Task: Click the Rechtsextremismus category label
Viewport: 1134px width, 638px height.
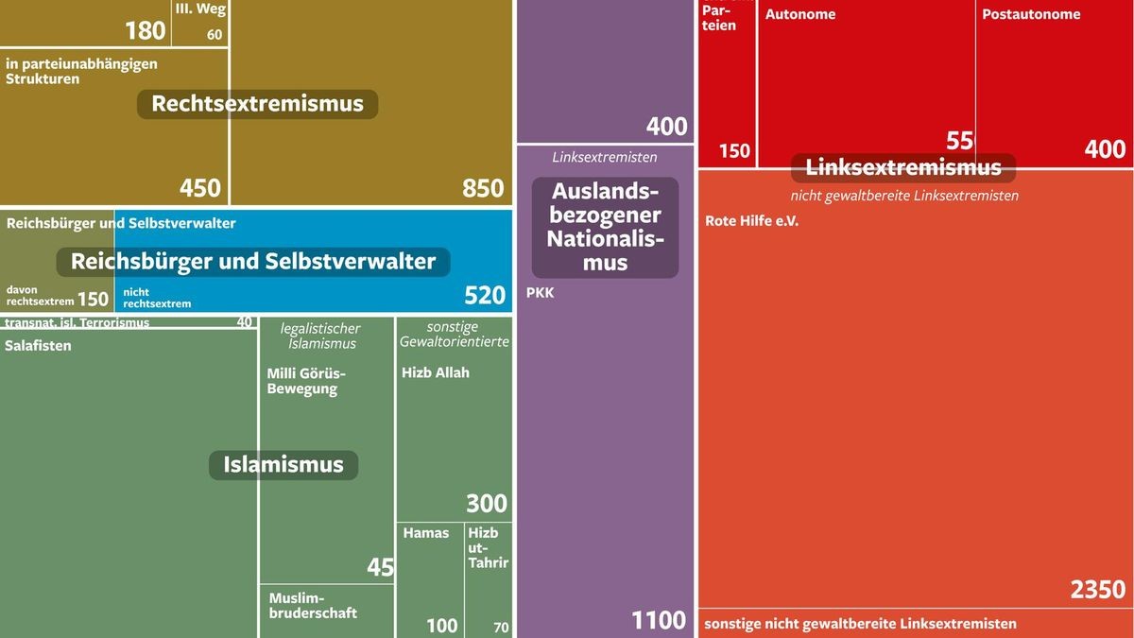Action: tap(257, 104)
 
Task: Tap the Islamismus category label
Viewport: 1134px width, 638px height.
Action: tap(283, 465)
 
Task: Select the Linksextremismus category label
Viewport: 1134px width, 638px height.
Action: tap(902, 168)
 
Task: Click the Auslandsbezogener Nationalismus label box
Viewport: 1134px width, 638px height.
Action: tap(605, 227)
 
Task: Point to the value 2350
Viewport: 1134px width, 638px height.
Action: tap(1098, 590)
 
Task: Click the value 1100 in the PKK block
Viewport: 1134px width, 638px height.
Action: tap(659, 620)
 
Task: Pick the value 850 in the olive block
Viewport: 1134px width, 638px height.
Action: tap(483, 188)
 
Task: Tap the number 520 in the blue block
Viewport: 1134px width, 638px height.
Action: tap(485, 296)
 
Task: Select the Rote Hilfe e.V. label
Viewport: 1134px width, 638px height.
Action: tap(751, 221)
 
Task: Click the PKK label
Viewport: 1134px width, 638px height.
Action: tap(540, 293)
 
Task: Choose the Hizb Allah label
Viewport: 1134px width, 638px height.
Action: tap(435, 372)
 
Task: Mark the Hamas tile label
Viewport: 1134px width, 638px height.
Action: tap(426, 533)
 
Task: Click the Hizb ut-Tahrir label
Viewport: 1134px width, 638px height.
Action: tap(488, 547)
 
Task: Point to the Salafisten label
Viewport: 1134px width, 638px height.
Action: tap(38, 346)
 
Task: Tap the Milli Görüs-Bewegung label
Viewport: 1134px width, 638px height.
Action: tap(307, 380)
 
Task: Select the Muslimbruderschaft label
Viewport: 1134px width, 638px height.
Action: tap(313, 605)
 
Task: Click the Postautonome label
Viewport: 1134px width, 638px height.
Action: tap(1031, 14)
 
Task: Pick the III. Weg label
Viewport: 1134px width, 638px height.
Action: tap(200, 9)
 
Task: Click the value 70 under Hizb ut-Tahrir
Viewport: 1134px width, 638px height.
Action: tap(501, 627)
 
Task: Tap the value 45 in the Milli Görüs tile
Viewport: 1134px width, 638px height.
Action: tap(380, 567)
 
